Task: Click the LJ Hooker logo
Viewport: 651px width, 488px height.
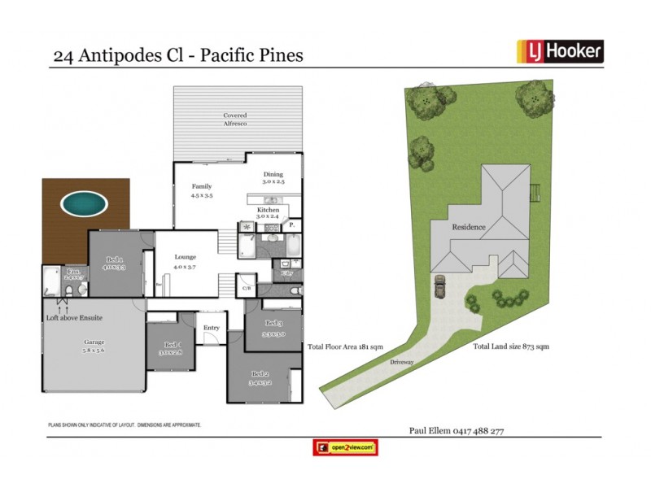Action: tap(560, 51)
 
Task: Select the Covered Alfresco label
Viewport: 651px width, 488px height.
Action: tap(235, 120)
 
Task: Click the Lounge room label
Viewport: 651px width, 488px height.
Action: tap(185, 261)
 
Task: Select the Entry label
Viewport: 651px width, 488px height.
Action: tap(212, 328)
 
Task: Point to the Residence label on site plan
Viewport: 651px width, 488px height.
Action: tap(469, 228)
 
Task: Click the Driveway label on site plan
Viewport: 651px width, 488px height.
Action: tap(402, 362)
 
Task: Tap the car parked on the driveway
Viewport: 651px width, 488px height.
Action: tap(440, 285)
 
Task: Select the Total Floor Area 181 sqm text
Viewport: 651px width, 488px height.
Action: tap(345, 346)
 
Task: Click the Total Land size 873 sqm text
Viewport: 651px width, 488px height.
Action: tap(511, 346)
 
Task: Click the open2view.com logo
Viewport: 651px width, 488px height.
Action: tap(345, 447)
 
